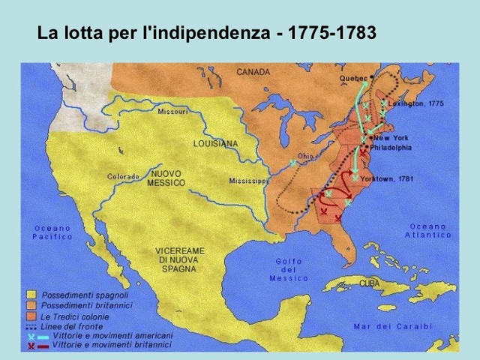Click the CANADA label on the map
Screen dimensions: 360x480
253,72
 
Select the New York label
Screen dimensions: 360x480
391,138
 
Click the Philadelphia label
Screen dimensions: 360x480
391,148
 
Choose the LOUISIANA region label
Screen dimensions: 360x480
215,143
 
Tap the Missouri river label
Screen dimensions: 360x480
172,112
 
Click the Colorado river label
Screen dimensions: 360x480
123,177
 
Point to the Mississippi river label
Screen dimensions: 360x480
248,181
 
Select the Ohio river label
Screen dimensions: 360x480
305,156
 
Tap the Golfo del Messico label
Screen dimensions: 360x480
289,269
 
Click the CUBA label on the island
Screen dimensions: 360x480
369,283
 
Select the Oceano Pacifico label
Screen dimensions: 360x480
52,232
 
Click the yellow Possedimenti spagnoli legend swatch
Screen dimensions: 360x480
31,295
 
